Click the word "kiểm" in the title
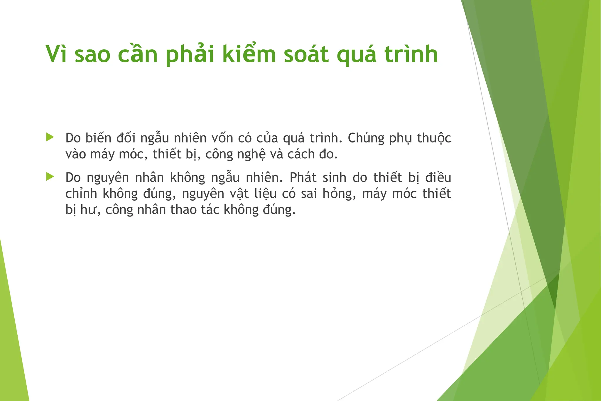[249, 54]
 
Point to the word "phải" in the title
[189, 54]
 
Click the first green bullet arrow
[50, 137]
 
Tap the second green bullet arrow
[50, 177]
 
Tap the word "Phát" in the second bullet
[303, 178]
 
